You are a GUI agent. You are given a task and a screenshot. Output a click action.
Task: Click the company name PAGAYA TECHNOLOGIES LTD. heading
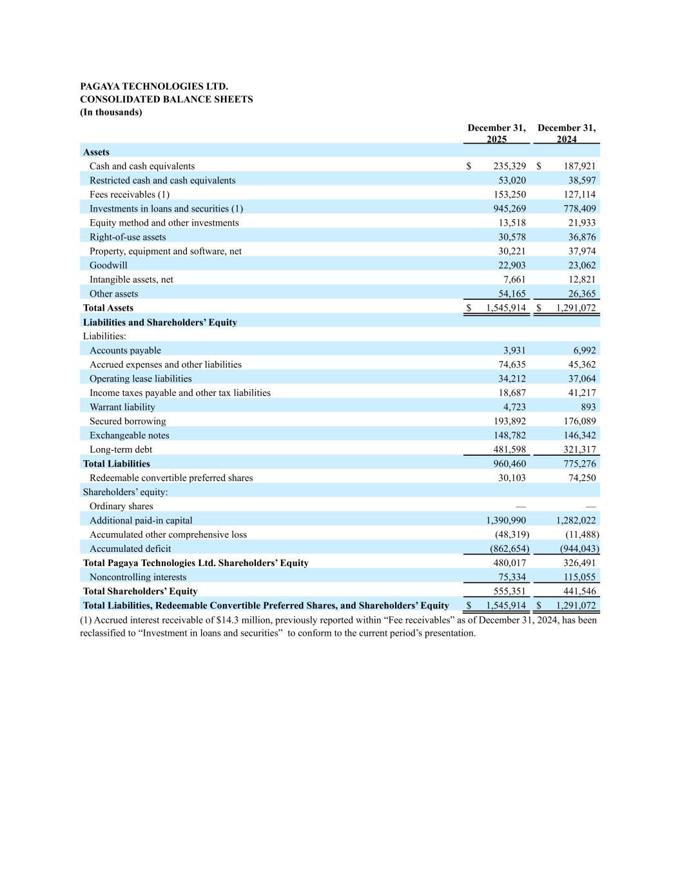click(154, 86)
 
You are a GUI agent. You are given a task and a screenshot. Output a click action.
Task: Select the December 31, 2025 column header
click(496, 133)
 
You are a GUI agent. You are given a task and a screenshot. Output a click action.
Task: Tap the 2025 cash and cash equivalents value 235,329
click(509, 166)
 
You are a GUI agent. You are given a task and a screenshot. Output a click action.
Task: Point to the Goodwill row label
click(108, 266)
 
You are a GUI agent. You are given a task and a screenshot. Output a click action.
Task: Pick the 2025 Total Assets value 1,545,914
click(506, 308)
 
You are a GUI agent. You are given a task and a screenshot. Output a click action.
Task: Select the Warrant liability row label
click(122, 407)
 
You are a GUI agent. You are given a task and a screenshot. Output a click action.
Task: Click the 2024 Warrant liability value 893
click(588, 407)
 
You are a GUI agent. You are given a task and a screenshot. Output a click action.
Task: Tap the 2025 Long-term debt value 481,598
click(509, 450)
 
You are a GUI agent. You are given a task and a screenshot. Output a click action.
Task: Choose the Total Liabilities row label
click(117, 464)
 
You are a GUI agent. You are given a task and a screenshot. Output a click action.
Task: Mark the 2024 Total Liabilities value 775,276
click(579, 464)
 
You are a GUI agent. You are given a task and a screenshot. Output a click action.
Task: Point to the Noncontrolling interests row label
click(138, 578)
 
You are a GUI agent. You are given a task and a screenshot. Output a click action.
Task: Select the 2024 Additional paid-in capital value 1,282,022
click(576, 521)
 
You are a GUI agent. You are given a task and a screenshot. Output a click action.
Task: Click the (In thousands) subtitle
click(111, 112)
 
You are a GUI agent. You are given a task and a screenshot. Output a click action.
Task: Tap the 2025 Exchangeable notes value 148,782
click(509, 436)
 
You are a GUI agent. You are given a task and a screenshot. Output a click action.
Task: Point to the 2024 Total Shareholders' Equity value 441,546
click(579, 592)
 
